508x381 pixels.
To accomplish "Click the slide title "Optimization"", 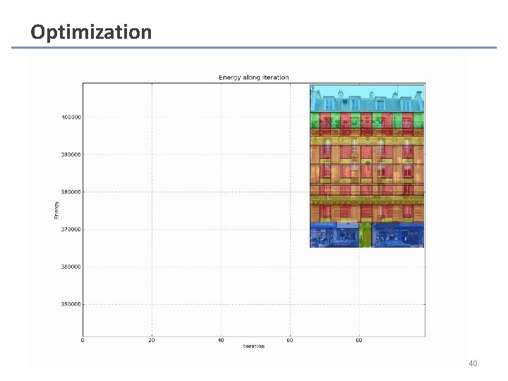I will point(90,32).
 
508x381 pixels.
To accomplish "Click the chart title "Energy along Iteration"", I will point(253,78).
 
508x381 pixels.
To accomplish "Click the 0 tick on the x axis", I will point(83,340).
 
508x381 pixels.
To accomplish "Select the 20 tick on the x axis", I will point(152,340).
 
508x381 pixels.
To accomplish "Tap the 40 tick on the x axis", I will point(221,340).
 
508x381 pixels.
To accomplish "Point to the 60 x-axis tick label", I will point(290,340).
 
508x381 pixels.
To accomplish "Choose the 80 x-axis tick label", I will point(359,340).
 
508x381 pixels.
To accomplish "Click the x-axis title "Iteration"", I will point(253,346).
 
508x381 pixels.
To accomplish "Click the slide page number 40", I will point(473,363).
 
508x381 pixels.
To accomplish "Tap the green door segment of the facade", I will point(365,235).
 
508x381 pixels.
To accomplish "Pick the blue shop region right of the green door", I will point(398,235).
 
